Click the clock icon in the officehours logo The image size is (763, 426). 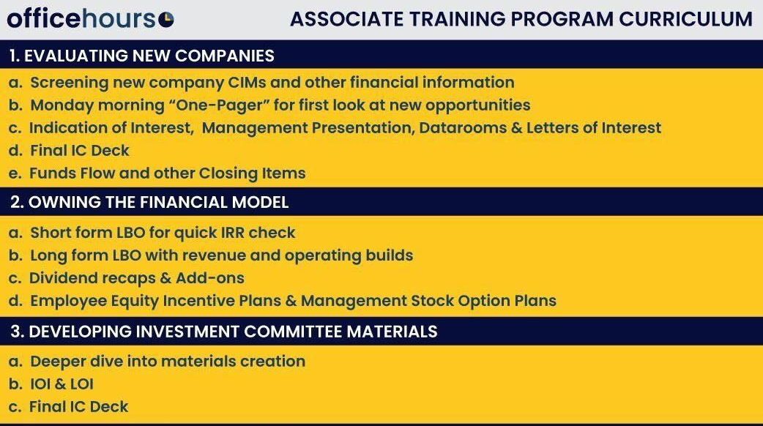coord(166,20)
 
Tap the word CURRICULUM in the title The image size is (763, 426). coord(685,20)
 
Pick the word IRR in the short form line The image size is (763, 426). coord(232,233)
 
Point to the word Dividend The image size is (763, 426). coord(61,277)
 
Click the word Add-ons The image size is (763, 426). coord(209,277)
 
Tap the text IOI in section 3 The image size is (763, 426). coord(40,384)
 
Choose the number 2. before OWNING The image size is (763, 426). coord(17,202)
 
